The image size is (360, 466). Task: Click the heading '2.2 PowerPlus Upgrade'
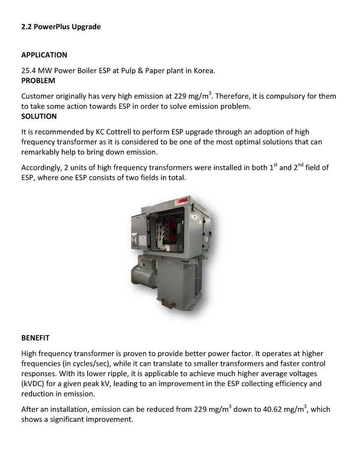coord(61,27)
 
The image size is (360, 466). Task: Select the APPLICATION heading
coord(44,55)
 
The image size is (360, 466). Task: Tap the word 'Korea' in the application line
coord(203,70)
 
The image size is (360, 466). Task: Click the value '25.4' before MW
coord(28,70)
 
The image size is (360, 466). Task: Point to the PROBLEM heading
coord(38,80)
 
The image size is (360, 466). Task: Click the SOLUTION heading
coord(39,116)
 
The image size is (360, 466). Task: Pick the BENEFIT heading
coord(35,338)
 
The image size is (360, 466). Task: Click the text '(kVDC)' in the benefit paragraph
coord(34,384)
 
